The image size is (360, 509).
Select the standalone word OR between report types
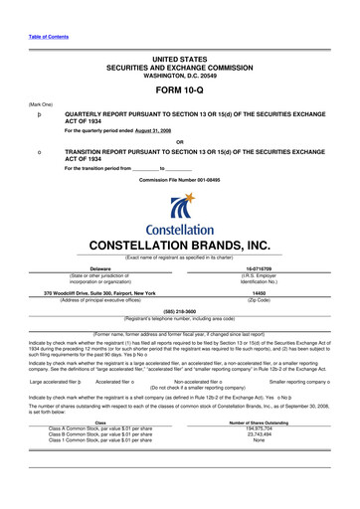click(179, 140)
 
